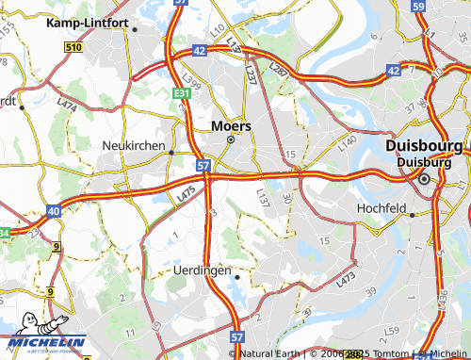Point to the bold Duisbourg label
(x=424, y=147)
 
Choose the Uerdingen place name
(x=203, y=270)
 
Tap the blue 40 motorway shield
(x=53, y=211)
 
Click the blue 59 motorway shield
(x=418, y=6)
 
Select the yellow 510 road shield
(x=74, y=46)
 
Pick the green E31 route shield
(x=182, y=93)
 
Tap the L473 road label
(x=345, y=278)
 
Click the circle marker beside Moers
(x=230, y=140)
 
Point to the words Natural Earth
(x=268, y=354)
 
